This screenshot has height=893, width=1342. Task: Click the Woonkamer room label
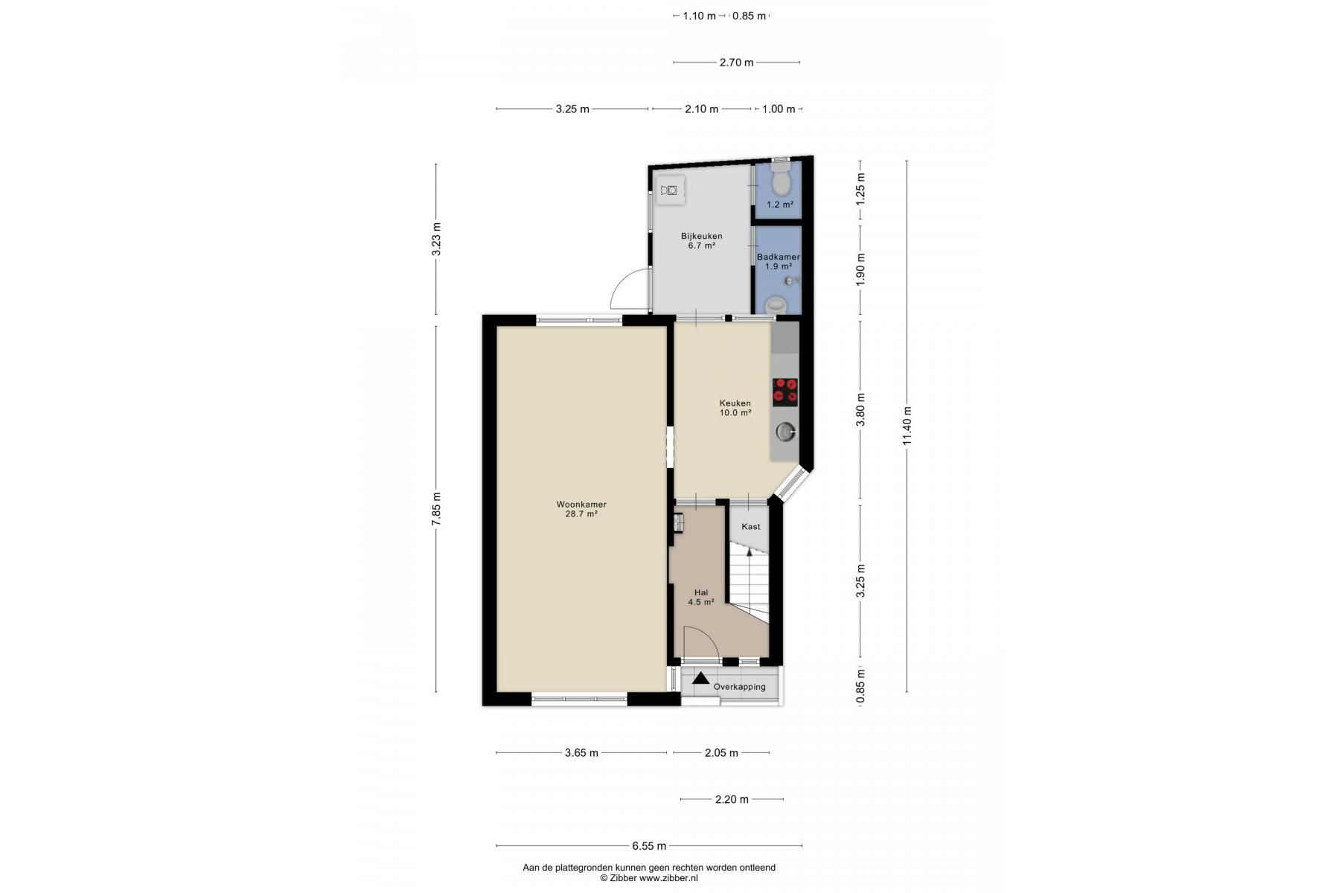point(581,504)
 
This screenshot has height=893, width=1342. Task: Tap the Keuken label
point(735,403)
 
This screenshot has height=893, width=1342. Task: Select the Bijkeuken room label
point(701,236)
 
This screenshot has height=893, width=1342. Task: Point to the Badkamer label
point(778,257)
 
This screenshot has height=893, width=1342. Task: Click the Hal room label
point(701,593)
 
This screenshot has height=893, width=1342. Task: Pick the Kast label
point(751,526)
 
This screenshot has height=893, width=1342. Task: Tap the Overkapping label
point(739,686)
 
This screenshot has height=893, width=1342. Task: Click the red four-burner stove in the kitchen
point(785,391)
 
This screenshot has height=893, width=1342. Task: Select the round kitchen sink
point(786,431)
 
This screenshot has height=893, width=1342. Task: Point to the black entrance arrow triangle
point(700,678)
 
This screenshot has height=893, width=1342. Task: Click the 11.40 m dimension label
point(907,426)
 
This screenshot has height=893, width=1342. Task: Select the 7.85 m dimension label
point(436,510)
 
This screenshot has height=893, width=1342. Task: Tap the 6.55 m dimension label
point(649,845)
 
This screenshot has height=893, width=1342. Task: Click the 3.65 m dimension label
point(581,752)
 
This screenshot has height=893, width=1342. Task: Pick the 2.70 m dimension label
point(736,63)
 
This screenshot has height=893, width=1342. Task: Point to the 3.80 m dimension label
point(860,410)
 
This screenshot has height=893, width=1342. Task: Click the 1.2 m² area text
point(779,205)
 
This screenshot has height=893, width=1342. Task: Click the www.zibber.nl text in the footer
point(668,878)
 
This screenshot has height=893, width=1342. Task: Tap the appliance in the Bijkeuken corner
point(671,191)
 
